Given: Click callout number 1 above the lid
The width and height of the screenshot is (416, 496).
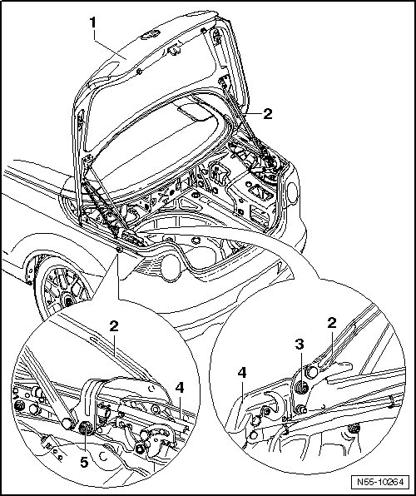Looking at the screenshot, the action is pos(92,22).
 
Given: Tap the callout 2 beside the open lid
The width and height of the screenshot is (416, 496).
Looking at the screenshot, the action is pos(268,114).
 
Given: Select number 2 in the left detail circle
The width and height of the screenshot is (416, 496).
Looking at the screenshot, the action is pos(114,326).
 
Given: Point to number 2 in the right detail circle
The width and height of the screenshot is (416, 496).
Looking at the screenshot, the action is pos(332,323).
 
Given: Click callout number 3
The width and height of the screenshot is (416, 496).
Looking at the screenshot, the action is pos(300,345).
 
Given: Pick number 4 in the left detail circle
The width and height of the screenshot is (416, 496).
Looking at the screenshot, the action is pos(180,388).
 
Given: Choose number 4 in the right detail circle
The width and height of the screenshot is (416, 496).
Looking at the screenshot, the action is pos(241,373).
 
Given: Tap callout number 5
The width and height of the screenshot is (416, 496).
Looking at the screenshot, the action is pos(84,463).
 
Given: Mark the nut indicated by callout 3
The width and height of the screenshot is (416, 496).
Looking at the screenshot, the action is pos(302,388).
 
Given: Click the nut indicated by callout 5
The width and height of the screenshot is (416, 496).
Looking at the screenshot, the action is pos(85,429).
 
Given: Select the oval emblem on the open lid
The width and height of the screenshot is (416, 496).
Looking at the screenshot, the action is pos(151,36).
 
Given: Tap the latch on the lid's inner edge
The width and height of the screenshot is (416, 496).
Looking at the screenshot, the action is pos(174,50).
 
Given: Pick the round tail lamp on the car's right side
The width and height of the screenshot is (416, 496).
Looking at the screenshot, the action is pos(293,192).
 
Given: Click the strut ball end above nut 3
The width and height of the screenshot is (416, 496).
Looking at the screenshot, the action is pos(312,372).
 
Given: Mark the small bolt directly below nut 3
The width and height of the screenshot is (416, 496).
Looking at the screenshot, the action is pos(300,410).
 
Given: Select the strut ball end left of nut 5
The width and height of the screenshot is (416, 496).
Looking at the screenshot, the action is pos(67,424).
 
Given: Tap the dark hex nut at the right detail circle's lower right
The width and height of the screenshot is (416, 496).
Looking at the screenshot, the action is pos(354,429).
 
